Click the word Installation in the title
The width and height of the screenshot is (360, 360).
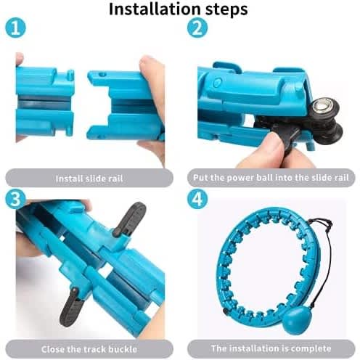click(x=155, y=9)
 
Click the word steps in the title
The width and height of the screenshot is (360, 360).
click(x=226, y=10)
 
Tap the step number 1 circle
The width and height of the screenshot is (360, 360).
click(x=15, y=28)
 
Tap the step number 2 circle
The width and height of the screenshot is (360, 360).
click(x=197, y=28)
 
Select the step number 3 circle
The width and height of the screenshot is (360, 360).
click(x=15, y=199)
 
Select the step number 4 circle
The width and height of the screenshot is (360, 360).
click(x=197, y=199)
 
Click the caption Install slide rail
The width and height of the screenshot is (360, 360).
click(x=89, y=179)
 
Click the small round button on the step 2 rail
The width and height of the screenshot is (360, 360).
click(x=218, y=82)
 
